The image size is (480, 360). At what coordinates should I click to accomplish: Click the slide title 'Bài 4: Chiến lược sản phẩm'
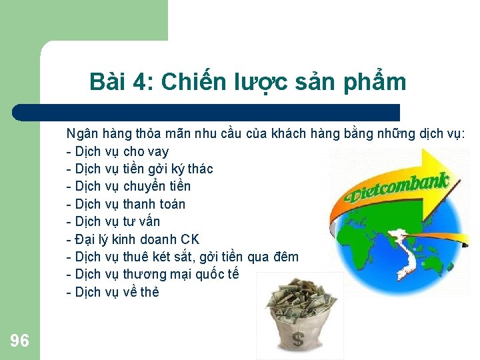247,82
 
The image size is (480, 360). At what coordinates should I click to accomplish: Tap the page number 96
20,341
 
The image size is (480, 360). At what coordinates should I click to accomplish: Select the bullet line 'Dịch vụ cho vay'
118,151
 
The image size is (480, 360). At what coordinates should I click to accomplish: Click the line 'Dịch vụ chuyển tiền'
129,186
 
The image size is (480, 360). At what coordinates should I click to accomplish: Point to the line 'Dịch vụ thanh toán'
126,204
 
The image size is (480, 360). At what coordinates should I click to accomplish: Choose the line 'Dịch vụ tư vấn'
113,221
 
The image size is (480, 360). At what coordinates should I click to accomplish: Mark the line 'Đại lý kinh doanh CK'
133,239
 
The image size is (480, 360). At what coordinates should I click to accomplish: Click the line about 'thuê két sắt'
183,257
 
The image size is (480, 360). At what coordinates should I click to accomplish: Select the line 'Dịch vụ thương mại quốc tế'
153,274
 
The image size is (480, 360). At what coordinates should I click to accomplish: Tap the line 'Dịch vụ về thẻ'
113,292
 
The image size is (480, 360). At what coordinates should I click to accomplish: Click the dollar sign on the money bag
298,339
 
